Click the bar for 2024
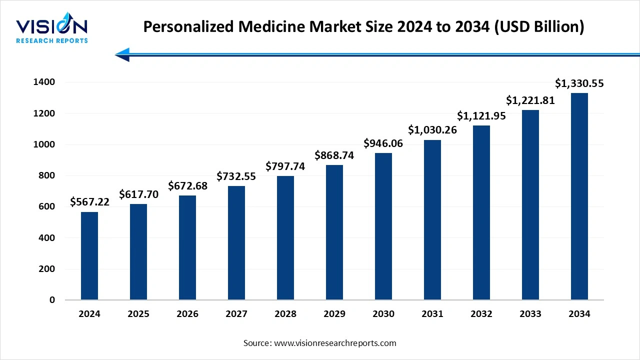pyautogui.click(x=89, y=256)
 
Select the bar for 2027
pyautogui.click(x=236, y=243)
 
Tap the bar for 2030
pyautogui.click(x=383, y=226)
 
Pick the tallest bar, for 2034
pyautogui.click(x=579, y=196)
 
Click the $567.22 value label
pyautogui.click(x=89, y=202)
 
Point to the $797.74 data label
pyautogui.click(x=285, y=166)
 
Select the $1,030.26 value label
pyautogui.click(x=432, y=130)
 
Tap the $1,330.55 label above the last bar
pyautogui.click(x=579, y=83)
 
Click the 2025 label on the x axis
pyautogui.click(x=138, y=314)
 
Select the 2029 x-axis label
pyautogui.click(x=334, y=314)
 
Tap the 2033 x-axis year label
pyautogui.click(x=530, y=314)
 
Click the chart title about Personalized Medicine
pyautogui.click(x=363, y=27)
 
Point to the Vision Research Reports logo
pyautogui.click(x=52, y=30)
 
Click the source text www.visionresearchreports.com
pyautogui.click(x=319, y=343)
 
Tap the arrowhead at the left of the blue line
pyautogui.click(x=123, y=54)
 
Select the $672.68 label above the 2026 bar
pyautogui.click(x=187, y=186)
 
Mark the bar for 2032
pyautogui.click(x=481, y=212)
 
